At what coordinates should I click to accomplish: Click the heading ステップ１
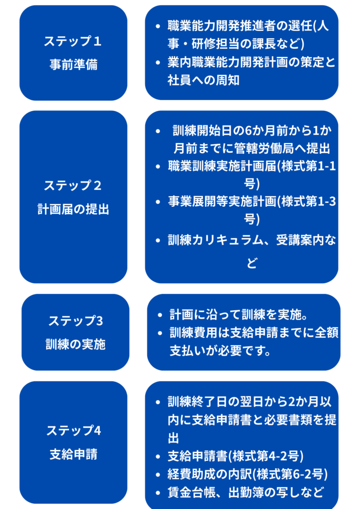click(x=73, y=41)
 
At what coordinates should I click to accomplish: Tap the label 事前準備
click(x=73, y=65)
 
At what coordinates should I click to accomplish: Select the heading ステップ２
click(x=73, y=185)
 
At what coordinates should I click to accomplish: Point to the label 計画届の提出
click(x=73, y=209)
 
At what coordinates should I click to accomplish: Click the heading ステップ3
click(x=76, y=321)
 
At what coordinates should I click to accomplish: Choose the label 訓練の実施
click(x=76, y=344)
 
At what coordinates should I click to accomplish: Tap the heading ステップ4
click(x=74, y=430)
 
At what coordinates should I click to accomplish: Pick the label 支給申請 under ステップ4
click(x=74, y=454)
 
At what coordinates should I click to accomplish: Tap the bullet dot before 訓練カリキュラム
click(x=158, y=241)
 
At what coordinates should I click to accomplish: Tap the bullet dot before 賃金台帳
click(x=158, y=493)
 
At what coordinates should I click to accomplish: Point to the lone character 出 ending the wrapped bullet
click(x=174, y=438)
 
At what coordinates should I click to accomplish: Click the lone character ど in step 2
click(x=252, y=263)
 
